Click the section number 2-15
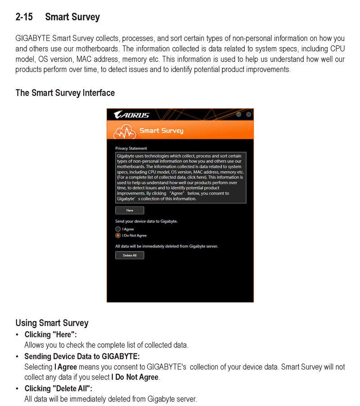click(24, 18)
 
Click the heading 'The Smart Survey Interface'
click(65, 93)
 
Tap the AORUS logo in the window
click(131, 115)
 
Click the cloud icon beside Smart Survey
click(123, 131)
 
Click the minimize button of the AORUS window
click(239, 114)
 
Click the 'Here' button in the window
click(130, 210)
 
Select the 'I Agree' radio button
click(118, 229)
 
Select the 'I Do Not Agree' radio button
click(118, 235)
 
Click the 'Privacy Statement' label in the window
click(131, 148)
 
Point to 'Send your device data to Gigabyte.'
click(146, 221)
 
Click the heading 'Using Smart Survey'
click(52, 323)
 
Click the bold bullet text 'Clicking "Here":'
click(50, 334)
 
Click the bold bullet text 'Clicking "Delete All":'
click(58, 388)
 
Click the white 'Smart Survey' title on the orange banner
click(161, 131)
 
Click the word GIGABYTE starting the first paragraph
click(33, 38)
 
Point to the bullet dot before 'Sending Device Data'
click(17, 357)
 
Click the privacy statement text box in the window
click(180, 177)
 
